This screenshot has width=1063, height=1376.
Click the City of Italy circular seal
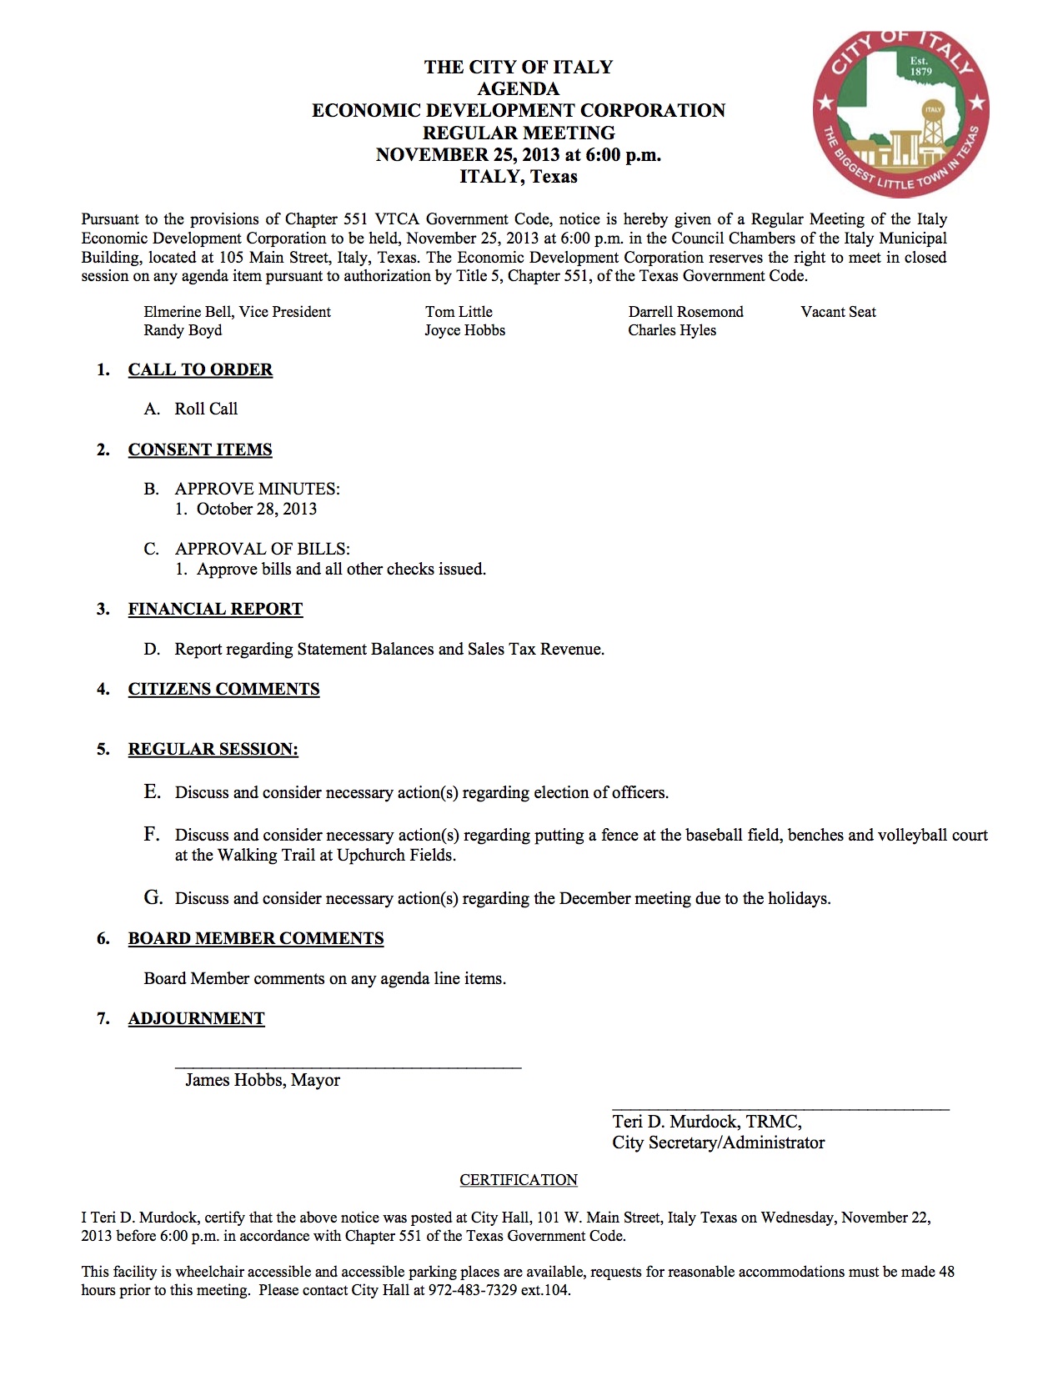pos(900,113)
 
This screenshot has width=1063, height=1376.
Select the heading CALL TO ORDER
pos(200,369)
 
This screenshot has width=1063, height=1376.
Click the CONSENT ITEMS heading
pos(200,449)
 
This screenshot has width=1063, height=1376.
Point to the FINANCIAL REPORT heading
pos(215,609)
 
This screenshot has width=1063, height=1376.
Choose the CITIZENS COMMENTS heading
pos(223,689)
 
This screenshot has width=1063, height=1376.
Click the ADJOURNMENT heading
pos(196,1018)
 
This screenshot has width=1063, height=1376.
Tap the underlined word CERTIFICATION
pos(519,1180)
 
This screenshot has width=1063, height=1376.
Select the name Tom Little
pos(459,312)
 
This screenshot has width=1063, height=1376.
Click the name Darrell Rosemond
pos(685,312)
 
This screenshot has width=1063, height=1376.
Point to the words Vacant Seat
pos(838,312)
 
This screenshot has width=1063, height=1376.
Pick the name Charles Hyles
pos(672,330)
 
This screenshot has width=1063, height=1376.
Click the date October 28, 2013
pos(257,509)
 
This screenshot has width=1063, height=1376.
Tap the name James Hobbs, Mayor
pos(263,1080)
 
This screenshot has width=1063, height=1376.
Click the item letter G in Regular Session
pos(153,897)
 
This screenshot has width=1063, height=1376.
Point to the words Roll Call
pos(206,409)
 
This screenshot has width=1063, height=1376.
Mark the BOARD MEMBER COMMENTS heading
pos(256,938)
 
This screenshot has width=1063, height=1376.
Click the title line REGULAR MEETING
pos(519,133)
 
